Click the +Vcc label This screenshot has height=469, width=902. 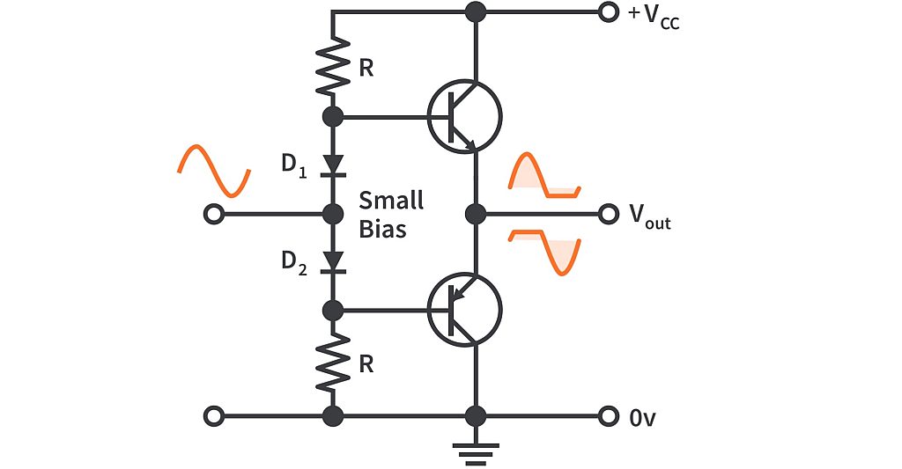point(653,16)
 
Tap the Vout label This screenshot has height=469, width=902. point(648,216)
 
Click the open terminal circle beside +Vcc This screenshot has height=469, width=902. point(607,12)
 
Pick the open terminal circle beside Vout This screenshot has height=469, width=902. point(607,214)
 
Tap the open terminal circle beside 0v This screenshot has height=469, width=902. point(607,415)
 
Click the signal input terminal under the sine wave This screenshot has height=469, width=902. point(211,214)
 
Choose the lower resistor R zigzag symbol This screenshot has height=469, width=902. point(333,363)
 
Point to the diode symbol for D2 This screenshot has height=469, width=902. point(333,261)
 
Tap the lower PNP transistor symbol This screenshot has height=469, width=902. point(463,309)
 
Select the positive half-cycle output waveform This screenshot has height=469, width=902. point(545,176)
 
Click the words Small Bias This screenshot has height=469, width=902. point(391,215)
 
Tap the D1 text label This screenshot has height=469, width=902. point(293,165)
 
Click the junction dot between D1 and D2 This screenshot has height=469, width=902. point(333,214)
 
